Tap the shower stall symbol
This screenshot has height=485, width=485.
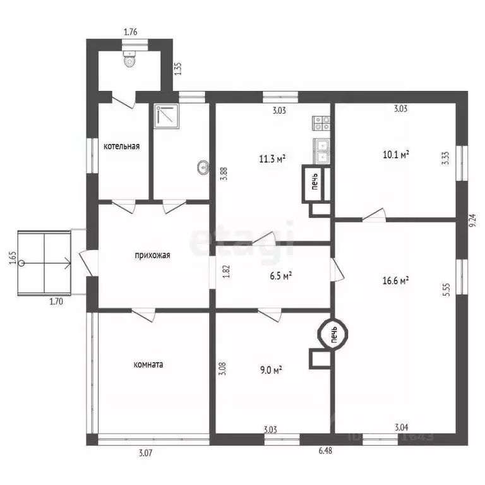click(x=167, y=116)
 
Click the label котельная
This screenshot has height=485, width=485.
click(x=122, y=147)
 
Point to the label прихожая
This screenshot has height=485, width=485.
click(x=153, y=256)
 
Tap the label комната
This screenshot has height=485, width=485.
click(x=148, y=364)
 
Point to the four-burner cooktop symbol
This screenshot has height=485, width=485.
click(x=321, y=123)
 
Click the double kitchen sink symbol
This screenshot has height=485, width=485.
click(x=321, y=149)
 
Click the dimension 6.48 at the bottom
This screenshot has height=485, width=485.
click(x=325, y=450)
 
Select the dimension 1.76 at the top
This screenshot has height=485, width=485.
click(x=131, y=32)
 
